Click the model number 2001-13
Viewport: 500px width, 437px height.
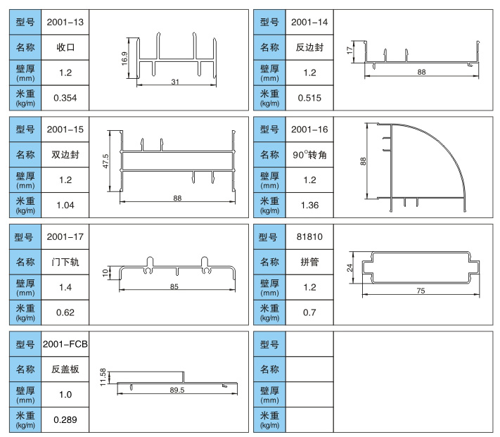point(65,23)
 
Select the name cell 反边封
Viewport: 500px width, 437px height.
point(309,48)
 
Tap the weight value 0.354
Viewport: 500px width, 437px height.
point(65,98)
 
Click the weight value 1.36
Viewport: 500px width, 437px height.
point(309,205)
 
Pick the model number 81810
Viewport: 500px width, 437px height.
point(309,237)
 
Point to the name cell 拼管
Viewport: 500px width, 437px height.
point(309,262)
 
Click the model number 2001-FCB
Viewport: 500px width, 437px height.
point(65,344)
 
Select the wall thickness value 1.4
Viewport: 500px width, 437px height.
point(65,287)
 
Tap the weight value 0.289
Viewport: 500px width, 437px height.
point(65,419)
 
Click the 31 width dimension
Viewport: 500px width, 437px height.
point(174,83)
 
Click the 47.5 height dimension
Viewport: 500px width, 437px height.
point(105,161)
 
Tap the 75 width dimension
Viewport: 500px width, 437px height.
point(421,291)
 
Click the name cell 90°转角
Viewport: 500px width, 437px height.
point(309,154)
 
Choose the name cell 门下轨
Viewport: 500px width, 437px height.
point(65,262)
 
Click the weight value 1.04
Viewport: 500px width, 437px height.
point(65,205)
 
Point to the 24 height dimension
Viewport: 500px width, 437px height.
point(350,267)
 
